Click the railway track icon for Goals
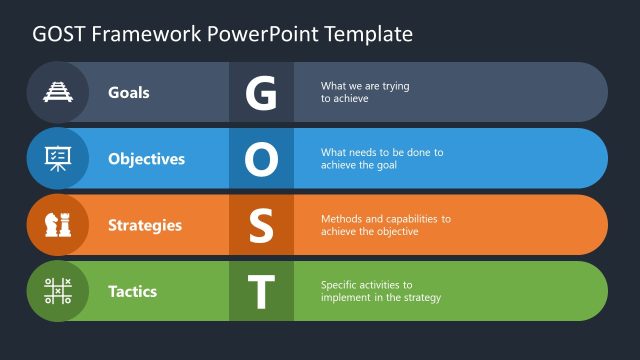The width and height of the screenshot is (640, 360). pos(57,92)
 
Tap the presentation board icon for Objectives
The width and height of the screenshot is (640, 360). pos(57,158)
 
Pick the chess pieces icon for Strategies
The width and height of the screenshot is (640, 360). pos(57,225)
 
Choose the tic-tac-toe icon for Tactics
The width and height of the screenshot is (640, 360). pos(57,291)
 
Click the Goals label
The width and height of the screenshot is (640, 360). pos(129,92)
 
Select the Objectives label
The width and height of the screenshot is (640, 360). pos(146,159)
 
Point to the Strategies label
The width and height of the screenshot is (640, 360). pos(145,225)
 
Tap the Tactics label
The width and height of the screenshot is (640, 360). pos(132,291)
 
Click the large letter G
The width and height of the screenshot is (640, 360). pos(261,92)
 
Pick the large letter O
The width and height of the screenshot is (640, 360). pos(261,159)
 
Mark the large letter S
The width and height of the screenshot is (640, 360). pos(261,225)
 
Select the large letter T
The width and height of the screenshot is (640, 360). pos(261,291)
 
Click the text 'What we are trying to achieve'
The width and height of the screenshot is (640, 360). pos(365,92)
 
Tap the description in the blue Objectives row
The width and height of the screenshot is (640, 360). pos(381,159)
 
